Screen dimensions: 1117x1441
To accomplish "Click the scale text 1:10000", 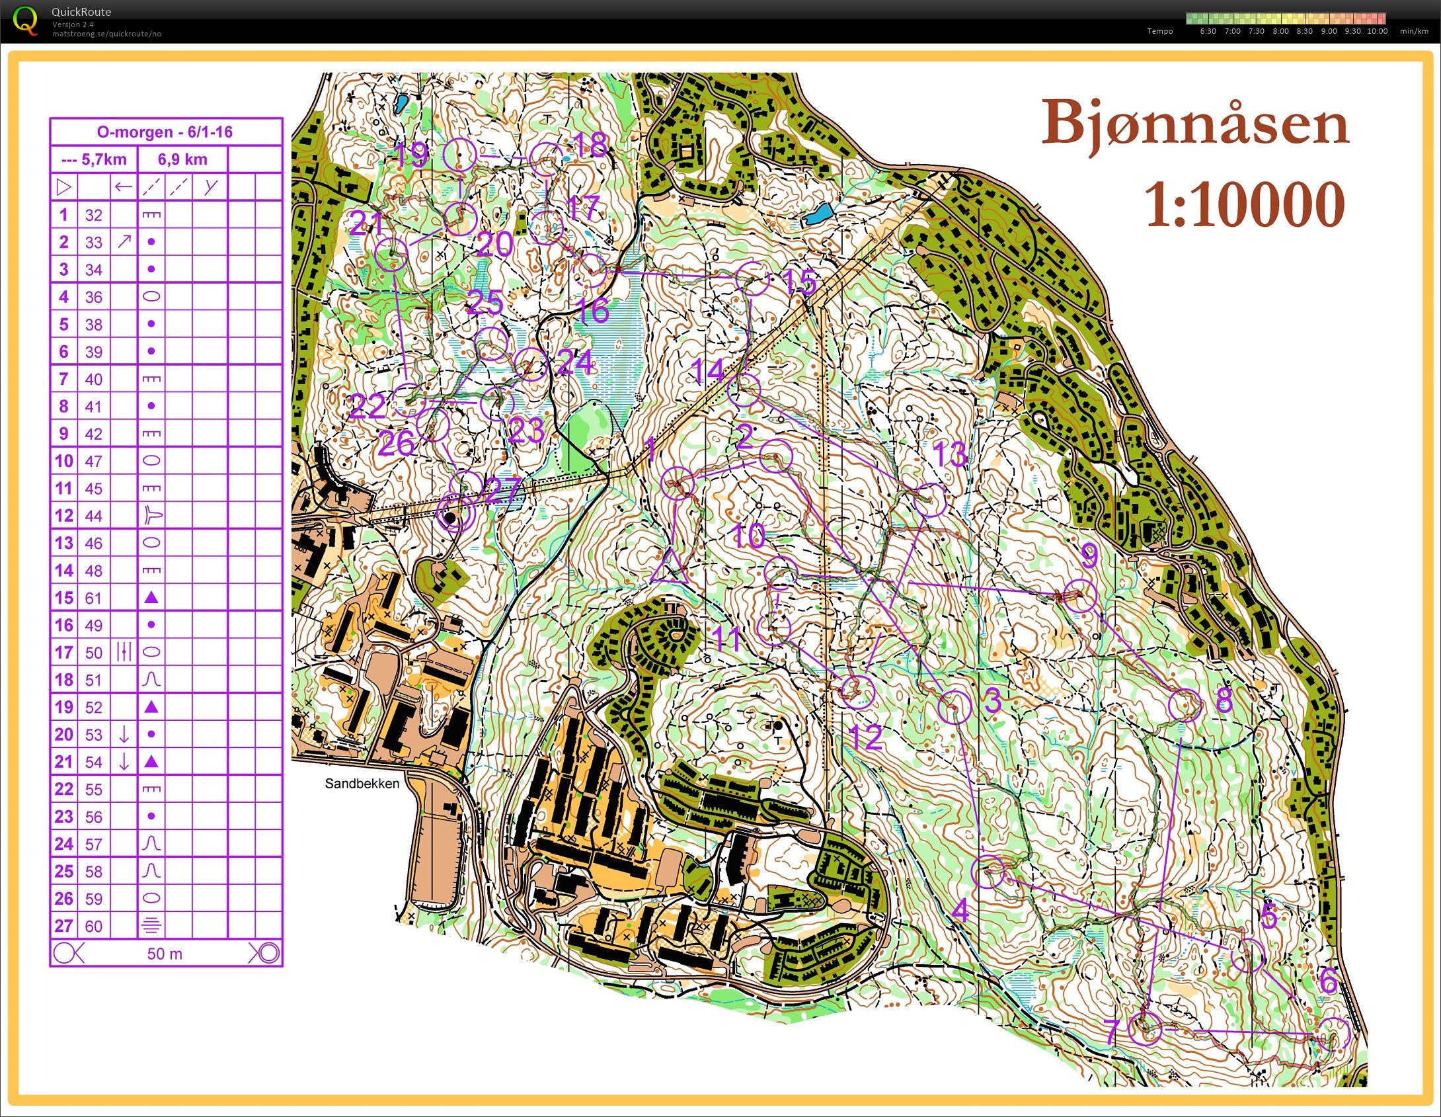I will coord(1244,205).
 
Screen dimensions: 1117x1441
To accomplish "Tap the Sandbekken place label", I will coord(362,784).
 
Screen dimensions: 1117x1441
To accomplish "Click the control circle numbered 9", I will coord(1080,596).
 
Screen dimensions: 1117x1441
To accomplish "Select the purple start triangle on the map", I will coord(668,567).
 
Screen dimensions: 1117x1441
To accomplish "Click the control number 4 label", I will coord(960,911).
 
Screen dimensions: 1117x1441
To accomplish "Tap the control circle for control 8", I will coord(1185,705).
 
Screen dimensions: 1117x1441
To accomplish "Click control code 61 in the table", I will coord(94,598).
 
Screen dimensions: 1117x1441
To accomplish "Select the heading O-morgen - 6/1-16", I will coord(165,132).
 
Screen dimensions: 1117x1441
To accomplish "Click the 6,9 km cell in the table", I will coord(182,159).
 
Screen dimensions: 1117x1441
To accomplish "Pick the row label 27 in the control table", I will coord(63,926).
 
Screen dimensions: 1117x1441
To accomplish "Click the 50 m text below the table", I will coord(165,954).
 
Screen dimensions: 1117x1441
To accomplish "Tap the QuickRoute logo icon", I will coord(25,20).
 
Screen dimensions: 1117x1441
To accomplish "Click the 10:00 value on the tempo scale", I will coord(1377,31).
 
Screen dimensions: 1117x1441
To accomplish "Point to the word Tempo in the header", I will coord(1159,31).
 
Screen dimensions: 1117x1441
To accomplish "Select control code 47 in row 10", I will coord(94,461).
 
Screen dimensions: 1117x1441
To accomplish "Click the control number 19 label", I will coord(411,155).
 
